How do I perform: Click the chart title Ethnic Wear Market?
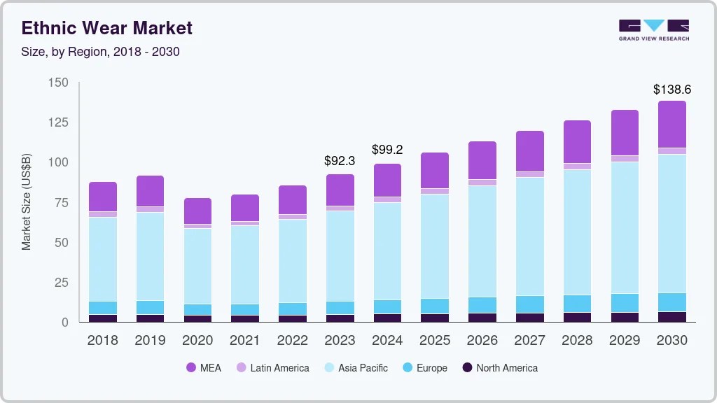click(106, 28)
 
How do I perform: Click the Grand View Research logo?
click(653, 29)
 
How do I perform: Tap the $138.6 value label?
click(671, 90)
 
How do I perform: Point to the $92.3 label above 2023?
click(340, 161)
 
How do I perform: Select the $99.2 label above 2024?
click(387, 150)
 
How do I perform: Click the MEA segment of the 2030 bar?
click(671, 125)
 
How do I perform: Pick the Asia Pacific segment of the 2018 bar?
click(103, 259)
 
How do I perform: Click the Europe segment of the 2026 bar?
click(482, 305)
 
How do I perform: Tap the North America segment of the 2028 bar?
click(577, 317)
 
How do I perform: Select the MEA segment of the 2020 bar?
click(197, 211)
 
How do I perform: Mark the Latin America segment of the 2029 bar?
click(625, 159)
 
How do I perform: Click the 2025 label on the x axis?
click(435, 341)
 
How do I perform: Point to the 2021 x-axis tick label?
click(245, 341)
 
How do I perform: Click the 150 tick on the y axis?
click(59, 83)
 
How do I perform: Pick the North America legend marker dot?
click(466, 368)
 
